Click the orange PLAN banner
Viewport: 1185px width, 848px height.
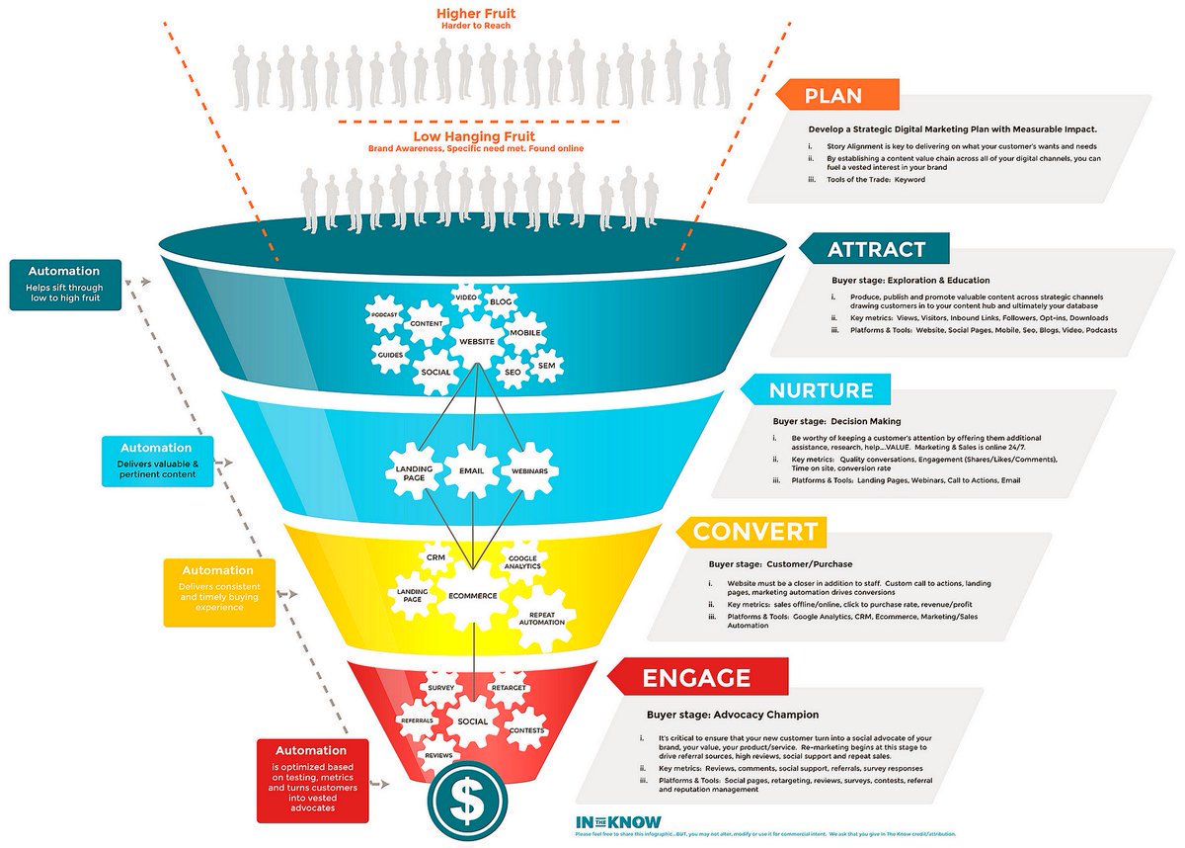tap(834, 96)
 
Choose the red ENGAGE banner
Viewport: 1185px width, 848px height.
tap(696, 678)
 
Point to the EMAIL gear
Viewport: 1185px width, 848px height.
tap(471, 470)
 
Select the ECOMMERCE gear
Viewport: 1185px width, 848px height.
tap(472, 596)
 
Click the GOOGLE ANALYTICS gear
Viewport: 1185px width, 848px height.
tap(523, 561)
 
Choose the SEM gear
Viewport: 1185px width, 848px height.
tap(546, 366)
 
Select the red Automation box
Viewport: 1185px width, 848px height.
tap(311, 779)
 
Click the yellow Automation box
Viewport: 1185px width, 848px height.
tap(217, 589)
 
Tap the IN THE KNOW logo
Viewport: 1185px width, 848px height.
tap(618, 821)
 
